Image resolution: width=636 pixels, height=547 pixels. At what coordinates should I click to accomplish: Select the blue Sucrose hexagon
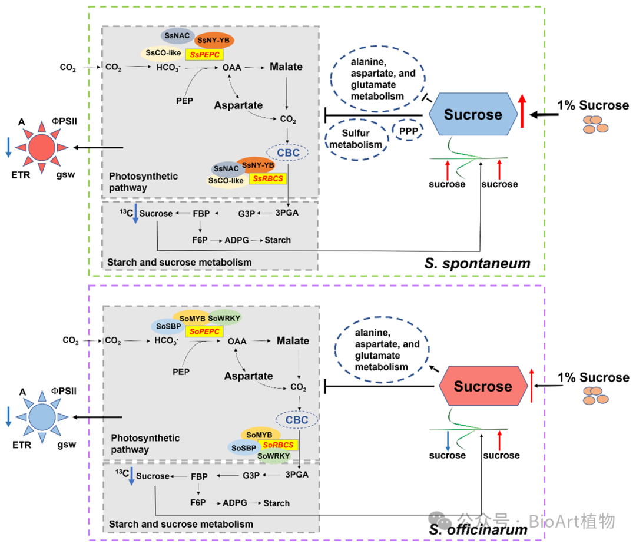[x=473, y=115]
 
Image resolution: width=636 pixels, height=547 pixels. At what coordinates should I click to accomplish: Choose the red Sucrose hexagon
[x=482, y=386]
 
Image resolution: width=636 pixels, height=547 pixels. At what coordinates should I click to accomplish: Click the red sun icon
[x=42, y=147]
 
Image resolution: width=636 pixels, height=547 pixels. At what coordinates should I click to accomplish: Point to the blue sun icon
[x=41, y=416]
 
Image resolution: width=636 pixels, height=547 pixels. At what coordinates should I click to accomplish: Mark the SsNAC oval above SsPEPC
[x=177, y=37]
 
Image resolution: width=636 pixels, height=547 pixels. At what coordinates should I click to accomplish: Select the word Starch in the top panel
[x=277, y=240]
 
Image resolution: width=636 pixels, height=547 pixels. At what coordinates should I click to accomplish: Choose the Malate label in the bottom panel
[x=293, y=341]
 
